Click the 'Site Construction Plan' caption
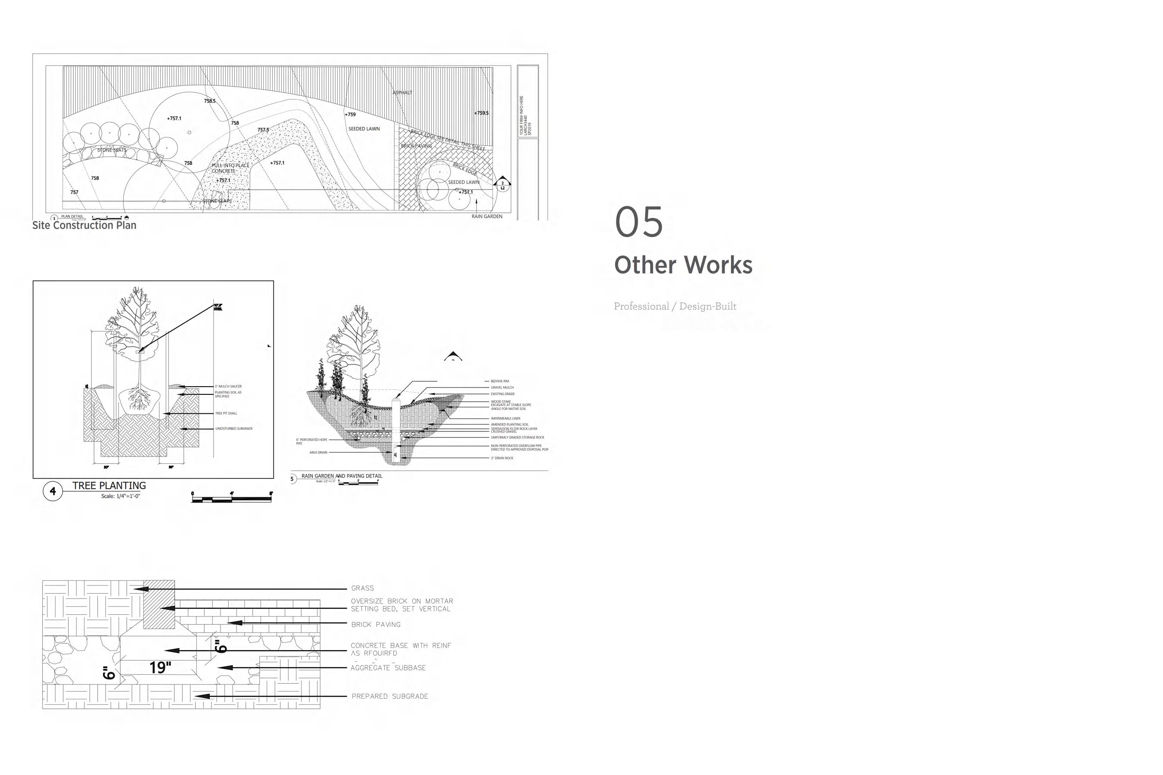click(84, 225)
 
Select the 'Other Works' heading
click(683, 265)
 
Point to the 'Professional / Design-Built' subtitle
click(675, 307)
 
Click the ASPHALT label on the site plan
click(402, 93)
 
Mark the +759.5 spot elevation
click(481, 113)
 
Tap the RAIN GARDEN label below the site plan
click(487, 217)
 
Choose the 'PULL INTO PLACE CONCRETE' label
click(230, 168)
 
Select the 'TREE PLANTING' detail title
click(109, 486)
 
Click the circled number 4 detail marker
click(53, 491)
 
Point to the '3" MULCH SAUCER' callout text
click(228, 387)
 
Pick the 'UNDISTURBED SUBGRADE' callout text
click(234, 428)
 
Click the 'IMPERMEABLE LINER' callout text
click(505, 418)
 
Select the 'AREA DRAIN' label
click(318, 452)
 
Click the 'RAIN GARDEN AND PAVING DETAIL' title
click(342, 476)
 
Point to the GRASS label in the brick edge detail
click(362, 588)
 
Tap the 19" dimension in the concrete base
click(160, 668)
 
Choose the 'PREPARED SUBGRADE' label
click(390, 696)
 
